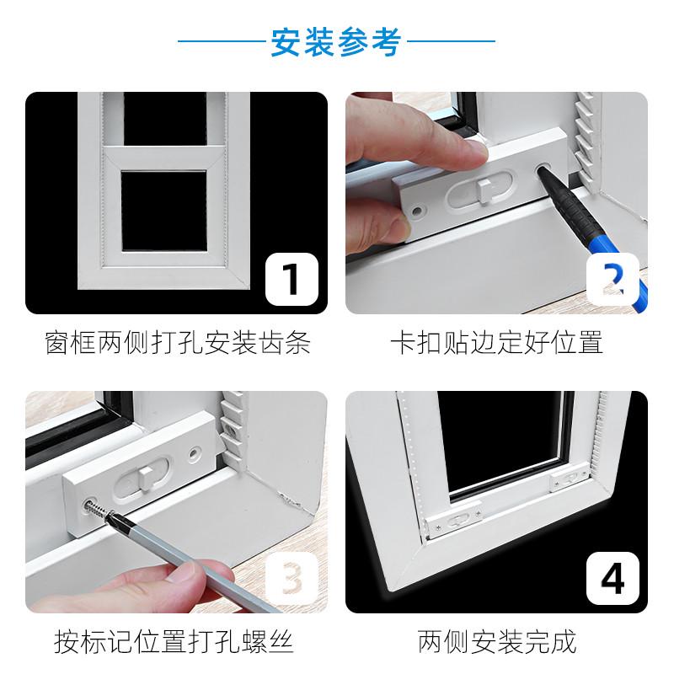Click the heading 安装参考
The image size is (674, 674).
pyautogui.click(x=335, y=41)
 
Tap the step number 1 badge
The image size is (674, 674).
pyautogui.click(x=292, y=280)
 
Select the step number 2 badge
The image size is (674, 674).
pyautogui.click(x=613, y=280)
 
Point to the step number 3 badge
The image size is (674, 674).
pyautogui.click(x=292, y=579)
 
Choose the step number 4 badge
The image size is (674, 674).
pyautogui.click(x=613, y=579)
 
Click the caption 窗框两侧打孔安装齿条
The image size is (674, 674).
pyautogui.click(x=178, y=343)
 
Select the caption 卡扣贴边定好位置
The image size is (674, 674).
pyautogui.click(x=496, y=343)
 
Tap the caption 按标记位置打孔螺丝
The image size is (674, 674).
pyautogui.click(x=174, y=642)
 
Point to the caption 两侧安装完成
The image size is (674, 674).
pyautogui.click(x=496, y=642)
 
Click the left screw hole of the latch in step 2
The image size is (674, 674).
pyautogui.click(x=416, y=211)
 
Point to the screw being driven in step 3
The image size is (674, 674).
pyautogui.click(x=98, y=510)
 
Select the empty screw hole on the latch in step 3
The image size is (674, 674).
pyautogui.click(x=195, y=452)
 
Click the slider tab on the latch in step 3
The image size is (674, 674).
pyautogui.click(x=144, y=479)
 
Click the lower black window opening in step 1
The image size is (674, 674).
pyautogui.click(x=163, y=211)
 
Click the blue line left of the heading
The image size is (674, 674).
pyautogui.click(x=222, y=41)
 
